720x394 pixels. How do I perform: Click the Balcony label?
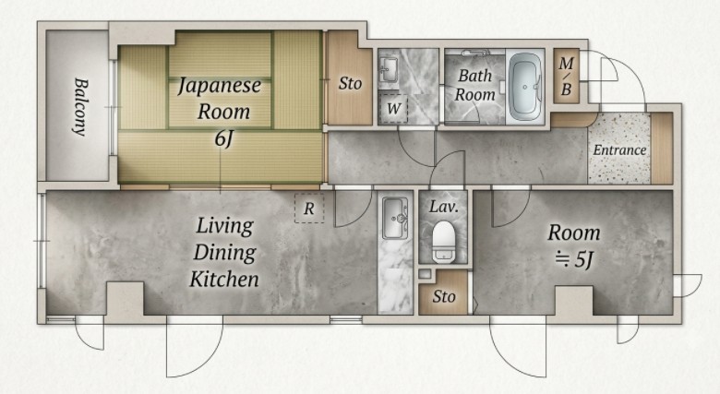[x=80, y=107]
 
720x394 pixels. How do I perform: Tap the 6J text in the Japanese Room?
[x=223, y=138]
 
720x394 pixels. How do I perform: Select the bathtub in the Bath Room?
[x=525, y=87]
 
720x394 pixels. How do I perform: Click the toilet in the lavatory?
[x=443, y=241]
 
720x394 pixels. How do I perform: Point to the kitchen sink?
[x=395, y=219]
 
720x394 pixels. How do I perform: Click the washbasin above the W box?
[x=389, y=69]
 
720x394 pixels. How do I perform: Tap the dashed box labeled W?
[x=393, y=109]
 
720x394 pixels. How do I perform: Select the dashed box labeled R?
[x=309, y=209]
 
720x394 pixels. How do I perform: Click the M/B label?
[x=566, y=76]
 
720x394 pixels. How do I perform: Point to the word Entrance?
[x=619, y=150]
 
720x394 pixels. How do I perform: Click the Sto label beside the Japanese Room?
[x=350, y=84]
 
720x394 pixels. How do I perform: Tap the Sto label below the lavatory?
[x=444, y=296]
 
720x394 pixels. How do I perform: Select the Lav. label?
[x=444, y=207]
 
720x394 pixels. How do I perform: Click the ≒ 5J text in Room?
[x=574, y=260]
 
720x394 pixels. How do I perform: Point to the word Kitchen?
[x=224, y=280]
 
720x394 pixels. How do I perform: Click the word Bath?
[x=474, y=76]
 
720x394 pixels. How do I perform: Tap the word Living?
[x=225, y=226]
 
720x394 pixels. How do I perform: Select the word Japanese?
[x=220, y=86]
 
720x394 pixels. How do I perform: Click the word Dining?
[x=225, y=253]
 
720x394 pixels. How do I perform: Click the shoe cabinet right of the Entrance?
[x=662, y=148]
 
